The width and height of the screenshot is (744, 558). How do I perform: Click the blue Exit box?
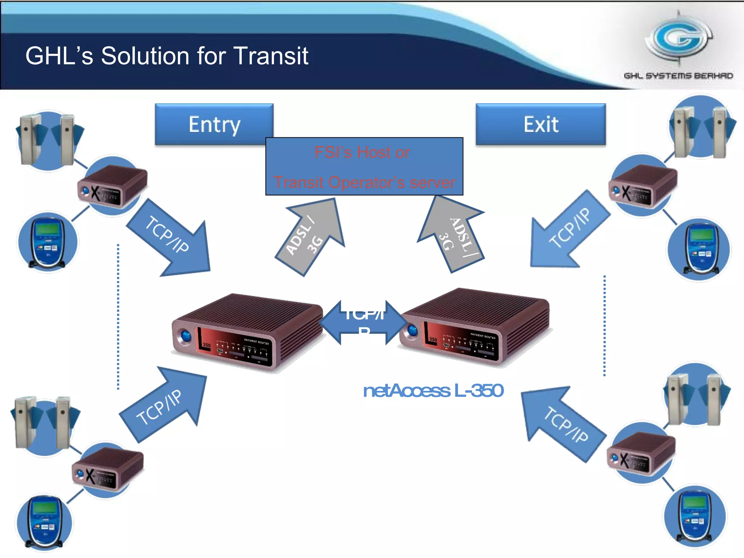coord(541,124)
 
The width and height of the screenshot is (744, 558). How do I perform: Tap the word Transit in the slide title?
coord(271,56)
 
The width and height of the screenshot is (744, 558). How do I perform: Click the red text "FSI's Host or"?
coord(362,152)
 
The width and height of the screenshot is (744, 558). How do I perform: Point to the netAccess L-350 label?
coord(433,391)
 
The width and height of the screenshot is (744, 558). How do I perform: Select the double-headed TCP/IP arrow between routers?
coord(363,322)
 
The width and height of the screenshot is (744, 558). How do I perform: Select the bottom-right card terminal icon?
coord(695,516)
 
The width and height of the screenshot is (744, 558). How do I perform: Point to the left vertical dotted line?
coord(118,316)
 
